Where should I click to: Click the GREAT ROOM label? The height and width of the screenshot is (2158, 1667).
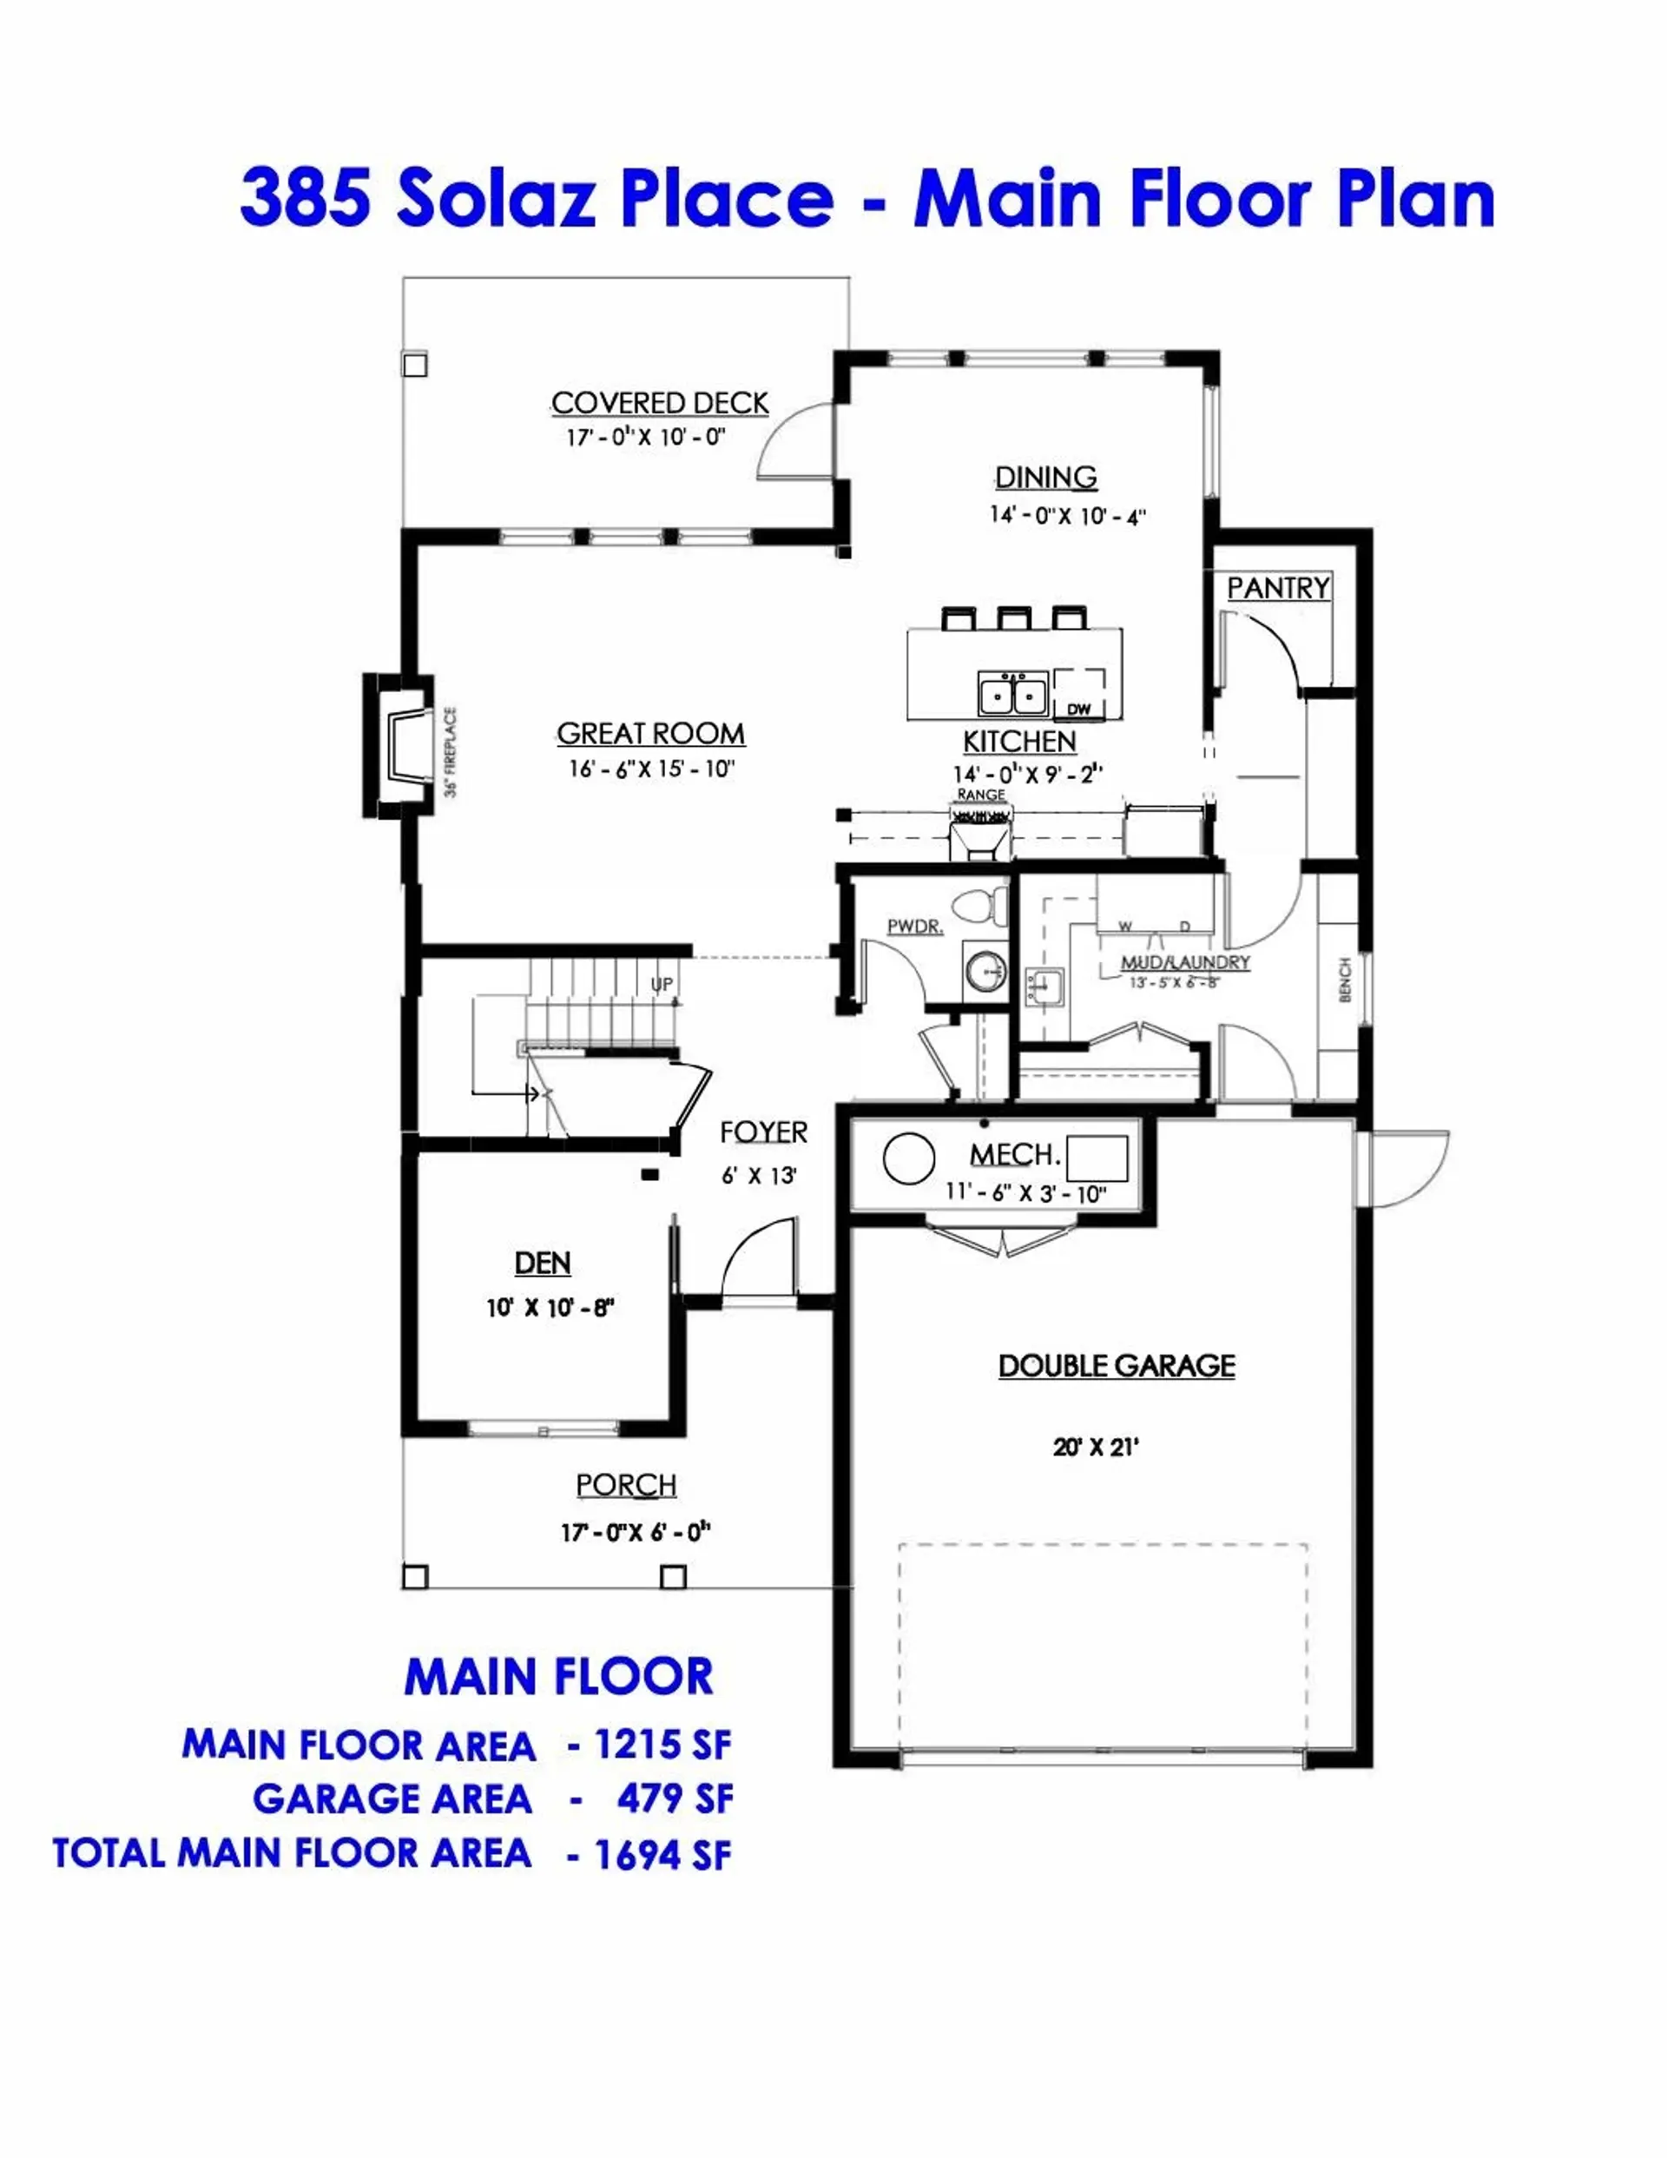(x=650, y=733)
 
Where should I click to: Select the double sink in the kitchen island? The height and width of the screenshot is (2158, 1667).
(x=1013, y=693)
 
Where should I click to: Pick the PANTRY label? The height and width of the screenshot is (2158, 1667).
(x=1278, y=588)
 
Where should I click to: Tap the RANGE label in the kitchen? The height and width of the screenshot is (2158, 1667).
(x=980, y=795)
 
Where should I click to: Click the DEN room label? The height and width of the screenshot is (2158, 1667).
(x=543, y=1263)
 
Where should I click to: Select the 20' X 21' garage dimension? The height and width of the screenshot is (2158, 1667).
(x=1095, y=1448)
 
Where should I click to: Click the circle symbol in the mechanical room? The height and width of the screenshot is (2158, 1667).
(x=908, y=1158)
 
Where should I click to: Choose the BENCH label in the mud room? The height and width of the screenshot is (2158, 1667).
(x=1345, y=980)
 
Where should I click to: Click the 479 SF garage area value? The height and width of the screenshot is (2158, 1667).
(x=675, y=1799)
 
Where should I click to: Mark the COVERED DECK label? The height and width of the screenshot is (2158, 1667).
(x=659, y=403)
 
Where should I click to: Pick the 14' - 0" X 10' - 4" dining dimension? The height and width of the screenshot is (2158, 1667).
(x=1067, y=516)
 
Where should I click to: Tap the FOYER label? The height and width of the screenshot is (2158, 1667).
(x=763, y=1132)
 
